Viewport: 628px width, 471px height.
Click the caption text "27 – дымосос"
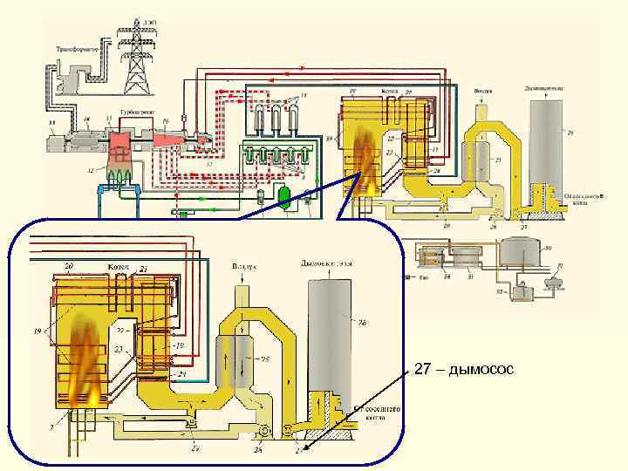tap(465, 371)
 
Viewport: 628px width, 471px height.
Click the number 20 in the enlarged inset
tap(67, 265)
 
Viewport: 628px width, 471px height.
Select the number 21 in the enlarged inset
tap(143, 270)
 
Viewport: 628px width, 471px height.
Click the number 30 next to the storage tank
tap(547, 246)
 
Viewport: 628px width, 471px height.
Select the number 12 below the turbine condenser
tap(89, 170)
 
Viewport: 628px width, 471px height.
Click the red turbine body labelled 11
tap(119, 140)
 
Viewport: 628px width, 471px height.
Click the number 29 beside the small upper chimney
tap(570, 133)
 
